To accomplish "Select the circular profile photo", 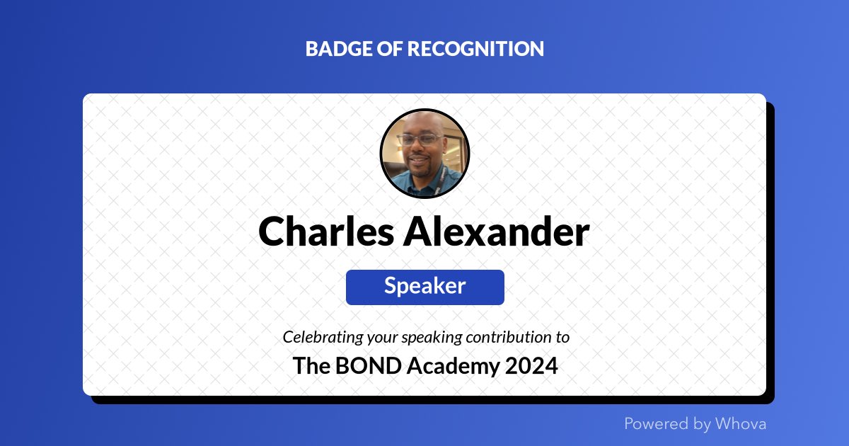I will tap(424, 154).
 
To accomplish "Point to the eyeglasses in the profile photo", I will tap(419, 139).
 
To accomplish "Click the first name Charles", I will tap(325, 231).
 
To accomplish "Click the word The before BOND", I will tap(308, 366).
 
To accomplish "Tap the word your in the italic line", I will tap(378, 338).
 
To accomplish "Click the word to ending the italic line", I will tap(562, 337).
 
